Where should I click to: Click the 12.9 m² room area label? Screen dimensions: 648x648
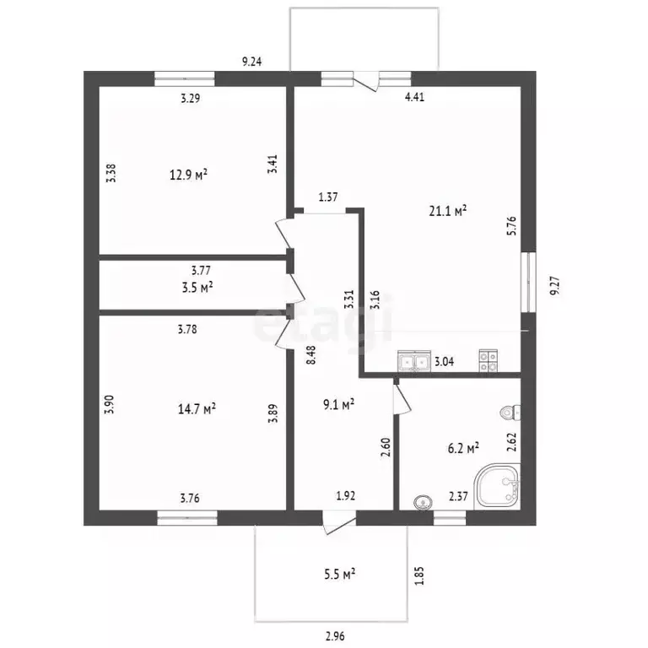point(188,175)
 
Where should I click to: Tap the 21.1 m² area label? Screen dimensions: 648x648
point(448,211)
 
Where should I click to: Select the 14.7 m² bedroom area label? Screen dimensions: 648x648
point(197,409)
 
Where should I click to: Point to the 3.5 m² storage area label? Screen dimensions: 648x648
point(197,287)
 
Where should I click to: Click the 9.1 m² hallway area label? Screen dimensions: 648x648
point(339,405)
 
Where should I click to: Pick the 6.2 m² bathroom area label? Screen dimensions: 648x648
point(464,448)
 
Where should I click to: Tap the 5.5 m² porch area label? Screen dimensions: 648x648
point(340,574)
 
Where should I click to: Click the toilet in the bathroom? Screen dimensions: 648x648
point(510,412)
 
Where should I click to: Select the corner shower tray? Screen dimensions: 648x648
point(497,486)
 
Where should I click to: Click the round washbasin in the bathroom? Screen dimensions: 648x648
point(423,502)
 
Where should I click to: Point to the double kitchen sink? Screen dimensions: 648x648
point(414,362)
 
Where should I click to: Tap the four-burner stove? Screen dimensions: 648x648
point(488,361)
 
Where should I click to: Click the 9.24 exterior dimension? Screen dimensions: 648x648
point(251,62)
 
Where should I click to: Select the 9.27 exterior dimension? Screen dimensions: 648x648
point(555,285)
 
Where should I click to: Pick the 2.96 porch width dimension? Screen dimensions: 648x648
point(335,635)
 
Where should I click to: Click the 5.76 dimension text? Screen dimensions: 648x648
point(511,225)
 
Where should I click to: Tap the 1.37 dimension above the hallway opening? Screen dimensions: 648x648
point(327,197)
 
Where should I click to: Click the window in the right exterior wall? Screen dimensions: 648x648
point(528,283)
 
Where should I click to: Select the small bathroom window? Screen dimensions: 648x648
point(450,518)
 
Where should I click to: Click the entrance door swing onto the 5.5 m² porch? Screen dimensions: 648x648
point(339,523)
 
